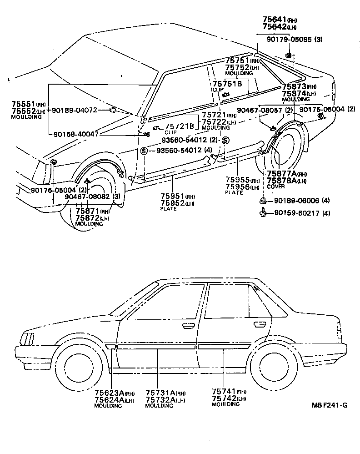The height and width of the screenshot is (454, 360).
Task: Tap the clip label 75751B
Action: [227, 84]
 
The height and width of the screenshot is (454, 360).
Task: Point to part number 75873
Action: [294, 86]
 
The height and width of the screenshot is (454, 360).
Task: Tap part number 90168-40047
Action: [76, 134]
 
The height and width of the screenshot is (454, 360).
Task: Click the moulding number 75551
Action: [24, 104]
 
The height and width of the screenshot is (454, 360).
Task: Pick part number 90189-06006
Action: [295, 201]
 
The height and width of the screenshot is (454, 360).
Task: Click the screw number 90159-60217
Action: [295, 213]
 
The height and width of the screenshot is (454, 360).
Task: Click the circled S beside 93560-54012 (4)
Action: [144, 151]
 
